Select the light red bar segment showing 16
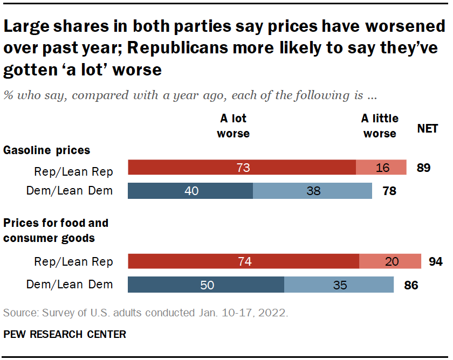click(x=381, y=168)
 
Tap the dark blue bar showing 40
click(x=190, y=191)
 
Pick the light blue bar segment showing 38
click(x=312, y=191)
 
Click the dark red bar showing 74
click(x=243, y=261)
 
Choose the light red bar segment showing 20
click(x=390, y=261)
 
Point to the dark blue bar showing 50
click(x=206, y=285)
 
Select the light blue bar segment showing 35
click(x=339, y=285)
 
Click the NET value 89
click(x=423, y=168)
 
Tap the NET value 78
click(x=389, y=191)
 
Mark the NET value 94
click(x=435, y=262)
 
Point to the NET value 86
click(x=411, y=285)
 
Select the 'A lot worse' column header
click(x=233, y=126)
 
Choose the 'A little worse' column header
click(x=380, y=126)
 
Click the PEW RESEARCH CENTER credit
click(x=65, y=334)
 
